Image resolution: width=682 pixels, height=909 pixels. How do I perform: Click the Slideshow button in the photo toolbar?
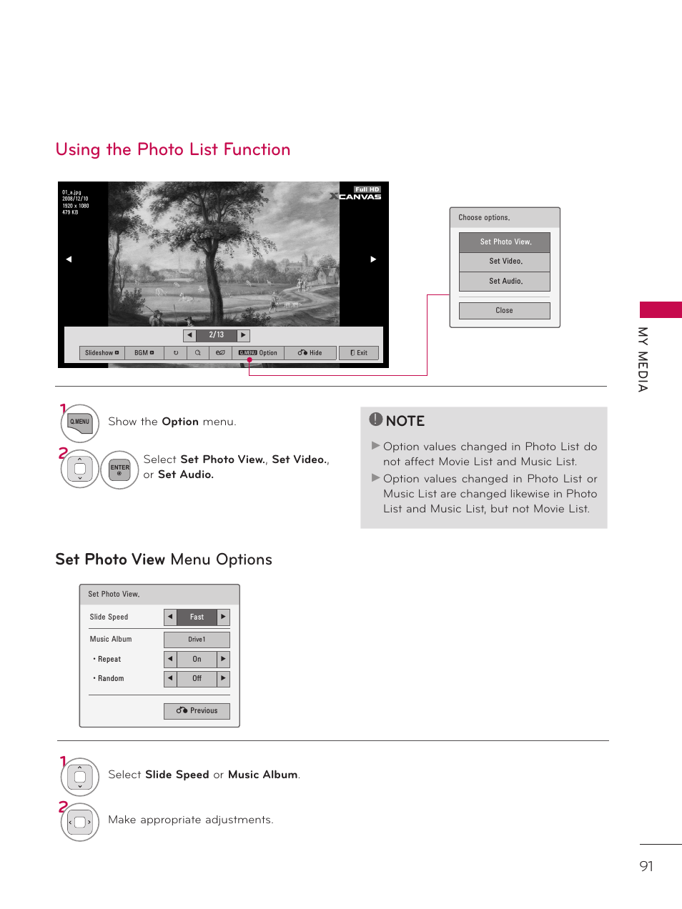[102, 353]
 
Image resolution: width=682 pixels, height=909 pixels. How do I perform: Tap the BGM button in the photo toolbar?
[144, 353]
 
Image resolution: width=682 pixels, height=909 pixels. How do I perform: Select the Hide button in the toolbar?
[310, 353]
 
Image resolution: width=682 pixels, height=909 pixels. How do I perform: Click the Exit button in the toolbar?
[359, 353]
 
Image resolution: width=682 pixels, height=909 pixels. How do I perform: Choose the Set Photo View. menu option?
[505, 242]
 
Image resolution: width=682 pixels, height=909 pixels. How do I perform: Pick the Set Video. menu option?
[505, 262]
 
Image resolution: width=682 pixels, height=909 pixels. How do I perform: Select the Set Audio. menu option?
[505, 282]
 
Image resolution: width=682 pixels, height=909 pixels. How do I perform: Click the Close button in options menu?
[505, 311]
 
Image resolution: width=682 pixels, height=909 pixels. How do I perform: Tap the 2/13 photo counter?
[217, 335]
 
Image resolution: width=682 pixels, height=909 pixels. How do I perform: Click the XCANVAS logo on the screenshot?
[357, 195]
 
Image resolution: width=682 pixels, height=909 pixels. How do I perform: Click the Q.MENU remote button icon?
[79, 422]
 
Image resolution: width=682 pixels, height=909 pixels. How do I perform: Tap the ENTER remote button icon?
[119, 470]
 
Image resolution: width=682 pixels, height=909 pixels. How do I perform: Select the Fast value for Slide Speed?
[197, 617]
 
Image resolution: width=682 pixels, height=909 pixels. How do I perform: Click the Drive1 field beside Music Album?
[197, 640]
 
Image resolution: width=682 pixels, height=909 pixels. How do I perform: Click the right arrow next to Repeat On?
[223, 659]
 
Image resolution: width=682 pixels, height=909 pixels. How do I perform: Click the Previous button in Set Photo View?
[197, 711]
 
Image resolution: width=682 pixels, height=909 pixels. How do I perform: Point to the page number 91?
[646, 866]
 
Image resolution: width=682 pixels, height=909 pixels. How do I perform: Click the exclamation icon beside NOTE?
[376, 419]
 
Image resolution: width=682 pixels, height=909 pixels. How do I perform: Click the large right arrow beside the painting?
[373, 259]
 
